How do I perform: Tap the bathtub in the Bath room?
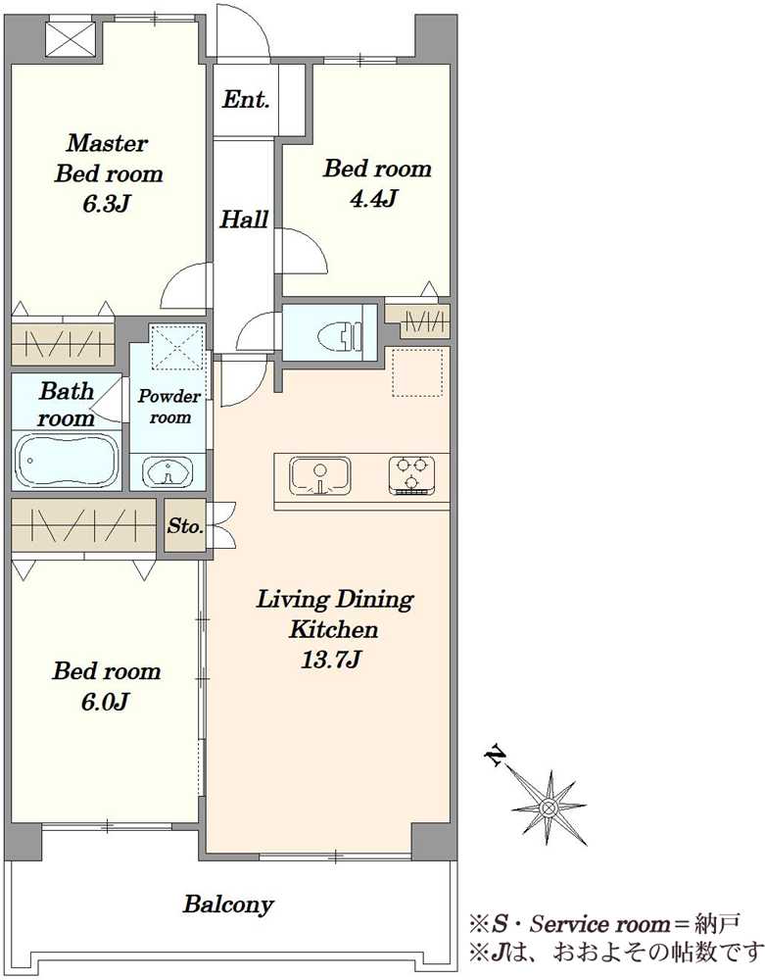67,462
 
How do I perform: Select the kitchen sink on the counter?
319,475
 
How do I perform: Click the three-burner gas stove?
411,475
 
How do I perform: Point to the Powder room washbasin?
167,472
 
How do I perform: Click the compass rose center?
549,807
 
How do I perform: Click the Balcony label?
228,905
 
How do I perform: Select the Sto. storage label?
185,525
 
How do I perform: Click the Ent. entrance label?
246,99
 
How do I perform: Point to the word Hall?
244,219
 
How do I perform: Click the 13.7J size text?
331,660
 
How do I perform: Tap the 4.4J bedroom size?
374,199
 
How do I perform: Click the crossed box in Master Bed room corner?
72,40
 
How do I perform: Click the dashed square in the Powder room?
178,347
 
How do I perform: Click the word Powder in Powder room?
169,396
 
